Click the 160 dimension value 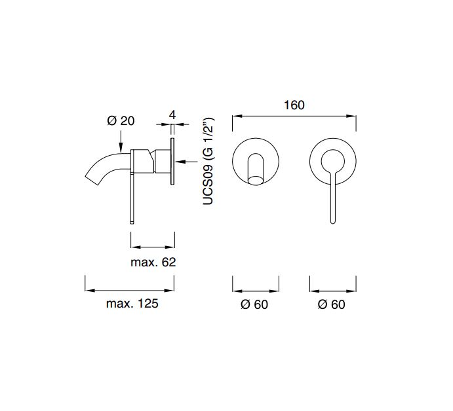(294, 105)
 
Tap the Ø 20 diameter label (121, 120)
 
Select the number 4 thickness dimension (172, 115)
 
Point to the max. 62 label (153, 262)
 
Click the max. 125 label (132, 304)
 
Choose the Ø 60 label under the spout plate (254, 304)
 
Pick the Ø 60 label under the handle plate (331, 304)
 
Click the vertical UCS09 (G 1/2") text (208, 161)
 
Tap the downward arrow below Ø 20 (121, 141)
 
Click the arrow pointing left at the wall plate (186, 162)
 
